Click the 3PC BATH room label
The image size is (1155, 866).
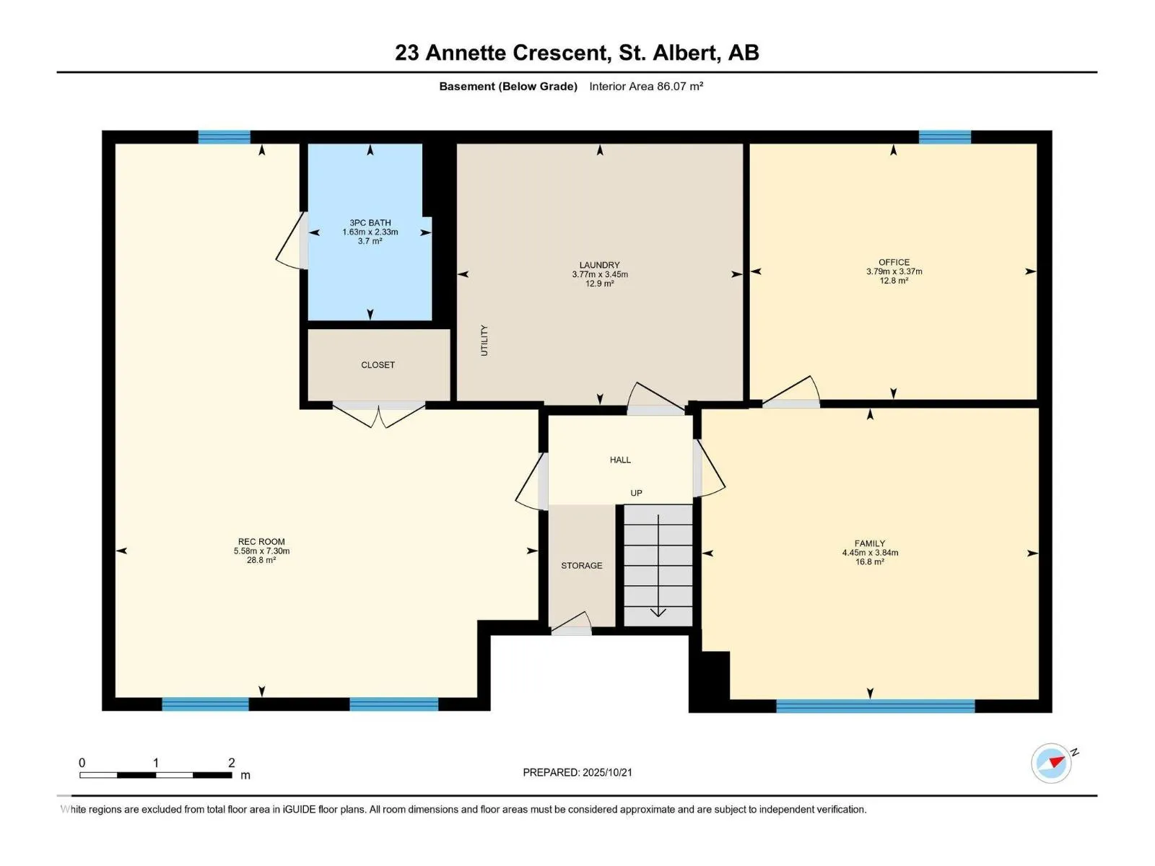coord(370,223)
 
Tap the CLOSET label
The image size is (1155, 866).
coord(378,365)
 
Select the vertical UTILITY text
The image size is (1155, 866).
coord(484,340)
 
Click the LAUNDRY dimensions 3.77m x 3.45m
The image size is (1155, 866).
coord(599,275)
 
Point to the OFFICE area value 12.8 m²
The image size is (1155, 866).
coord(894,281)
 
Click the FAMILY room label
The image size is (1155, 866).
coord(869,543)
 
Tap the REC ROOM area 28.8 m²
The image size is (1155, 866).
coord(261,560)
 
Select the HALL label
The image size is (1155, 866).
coord(620,460)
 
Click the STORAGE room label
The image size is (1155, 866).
coord(581,566)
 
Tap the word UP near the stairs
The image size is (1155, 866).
coord(636,494)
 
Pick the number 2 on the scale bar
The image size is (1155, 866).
coord(231,763)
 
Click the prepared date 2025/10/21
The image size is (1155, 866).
coord(607,772)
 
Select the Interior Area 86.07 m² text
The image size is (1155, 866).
coord(646,87)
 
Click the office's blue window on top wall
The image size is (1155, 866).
coord(944,137)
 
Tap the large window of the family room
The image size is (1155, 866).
coord(875,706)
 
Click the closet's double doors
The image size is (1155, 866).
coord(378,414)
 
